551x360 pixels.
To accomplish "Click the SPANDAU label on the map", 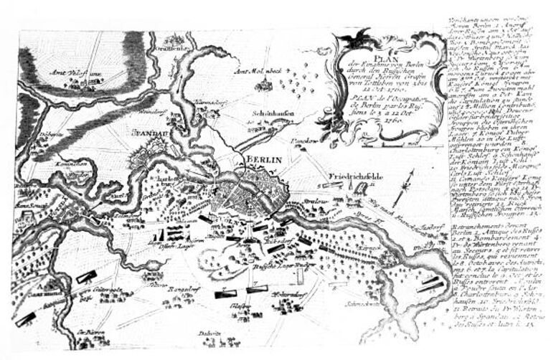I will [x=147, y=133].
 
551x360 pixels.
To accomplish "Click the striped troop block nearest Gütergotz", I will [x=87, y=277].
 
